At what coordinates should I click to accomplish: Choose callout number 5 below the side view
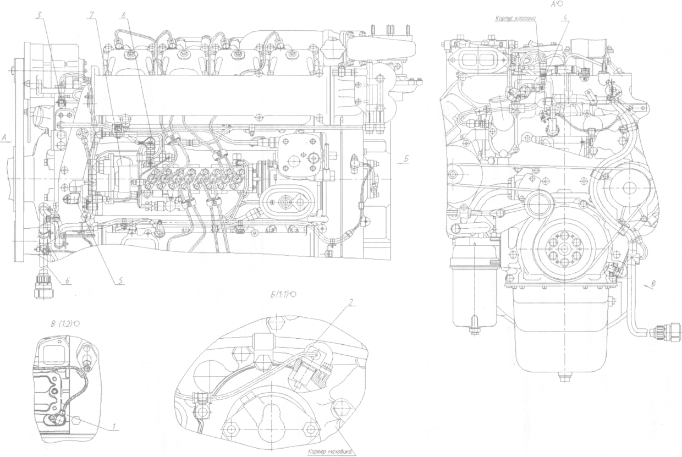tap(119, 280)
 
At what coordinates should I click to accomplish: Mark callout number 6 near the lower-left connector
tap(67, 280)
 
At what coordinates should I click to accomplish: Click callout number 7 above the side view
tap(90, 15)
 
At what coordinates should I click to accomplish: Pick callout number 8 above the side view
tap(126, 15)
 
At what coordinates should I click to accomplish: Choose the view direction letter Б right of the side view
tap(406, 159)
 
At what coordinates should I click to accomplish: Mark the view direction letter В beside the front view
tap(653, 284)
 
